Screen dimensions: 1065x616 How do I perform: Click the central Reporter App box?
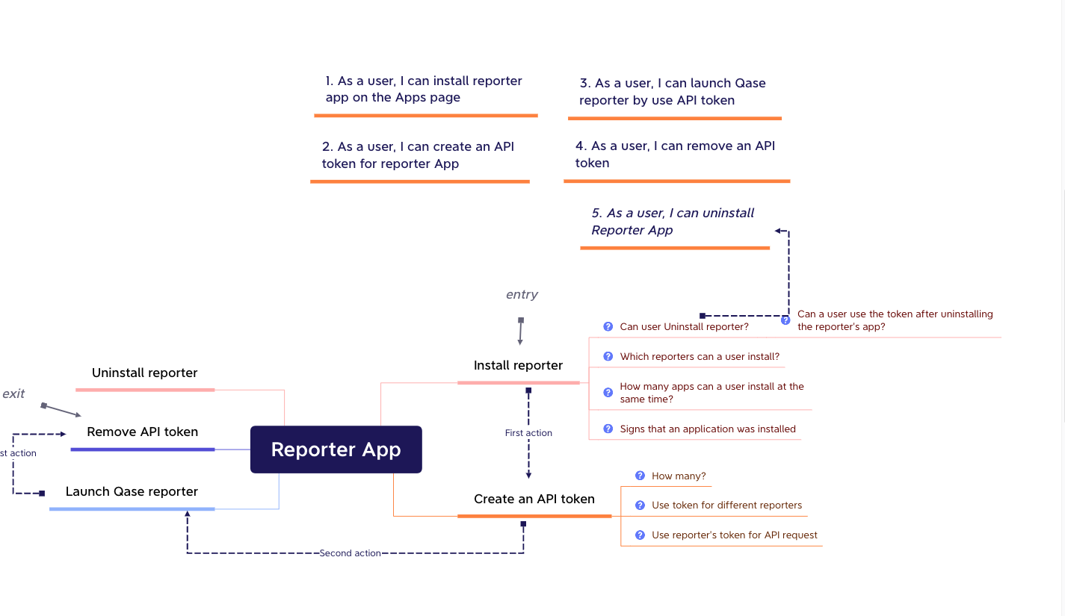click(x=336, y=449)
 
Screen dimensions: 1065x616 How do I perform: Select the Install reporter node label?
click(x=518, y=365)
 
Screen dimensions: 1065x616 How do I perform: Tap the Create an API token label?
click(x=534, y=499)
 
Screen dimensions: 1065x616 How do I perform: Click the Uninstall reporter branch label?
click(x=144, y=373)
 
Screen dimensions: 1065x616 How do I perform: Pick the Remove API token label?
click(x=142, y=432)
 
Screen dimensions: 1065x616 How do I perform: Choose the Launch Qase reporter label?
click(x=132, y=491)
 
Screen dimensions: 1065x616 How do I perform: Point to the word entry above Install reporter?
click(x=522, y=294)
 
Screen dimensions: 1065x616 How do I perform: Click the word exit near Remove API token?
click(x=13, y=393)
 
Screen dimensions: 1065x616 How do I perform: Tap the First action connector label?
click(x=528, y=433)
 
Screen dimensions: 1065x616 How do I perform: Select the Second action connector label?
click(x=350, y=553)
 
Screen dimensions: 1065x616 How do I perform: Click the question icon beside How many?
click(x=640, y=476)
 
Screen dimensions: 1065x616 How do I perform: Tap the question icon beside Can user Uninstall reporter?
click(x=608, y=327)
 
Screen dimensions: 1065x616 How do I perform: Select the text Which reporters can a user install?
click(x=700, y=357)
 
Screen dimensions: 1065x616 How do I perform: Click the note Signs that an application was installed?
click(x=708, y=429)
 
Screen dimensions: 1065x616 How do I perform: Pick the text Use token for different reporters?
click(x=726, y=505)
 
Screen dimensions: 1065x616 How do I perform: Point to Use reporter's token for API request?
click(x=735, y=535)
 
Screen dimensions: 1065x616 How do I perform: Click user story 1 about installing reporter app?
click(x=424, y=89)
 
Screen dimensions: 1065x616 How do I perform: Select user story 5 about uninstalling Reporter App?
click(x=673, y=221)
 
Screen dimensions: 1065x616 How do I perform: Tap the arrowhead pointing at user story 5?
click(x=778, y=231)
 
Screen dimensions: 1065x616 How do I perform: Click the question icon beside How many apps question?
click(x=608, y=393)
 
